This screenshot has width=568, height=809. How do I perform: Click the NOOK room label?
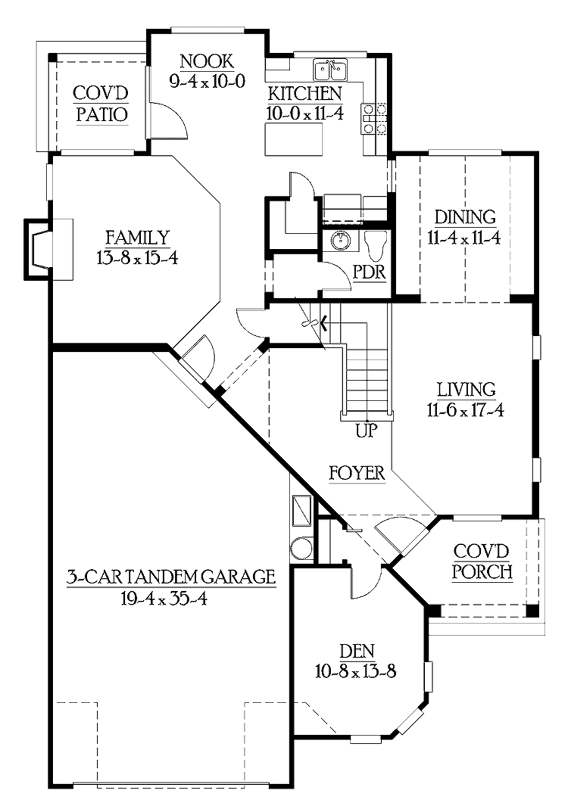coord(207,61)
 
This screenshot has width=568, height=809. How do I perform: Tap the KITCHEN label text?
coord(305,94)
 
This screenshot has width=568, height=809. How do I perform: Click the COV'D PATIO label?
coord(101,104)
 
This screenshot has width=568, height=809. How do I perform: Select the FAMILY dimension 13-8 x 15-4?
coord(137,258)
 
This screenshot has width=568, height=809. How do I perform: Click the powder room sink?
coord(339,240)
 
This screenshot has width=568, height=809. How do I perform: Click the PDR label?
coord(369,273)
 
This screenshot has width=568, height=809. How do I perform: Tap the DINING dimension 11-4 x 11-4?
coord(464,238)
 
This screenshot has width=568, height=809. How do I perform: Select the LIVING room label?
coord(466,390)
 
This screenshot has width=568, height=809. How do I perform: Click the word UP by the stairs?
coord(366,430)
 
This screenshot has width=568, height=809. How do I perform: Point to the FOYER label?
coord(357,473)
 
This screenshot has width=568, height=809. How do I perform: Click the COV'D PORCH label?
coord(481,561)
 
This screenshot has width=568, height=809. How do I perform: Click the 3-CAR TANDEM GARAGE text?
coord(171,577)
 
